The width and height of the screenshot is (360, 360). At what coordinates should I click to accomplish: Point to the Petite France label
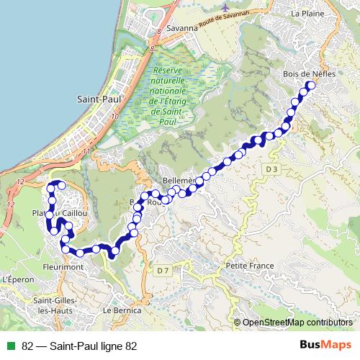[x=250, y=266]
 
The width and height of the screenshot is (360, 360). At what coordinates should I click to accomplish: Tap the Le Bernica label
[x=119, y=310]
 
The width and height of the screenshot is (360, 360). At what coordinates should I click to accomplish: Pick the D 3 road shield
[x=271, y=168]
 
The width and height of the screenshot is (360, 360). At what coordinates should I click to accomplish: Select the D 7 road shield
[x=162, y=270]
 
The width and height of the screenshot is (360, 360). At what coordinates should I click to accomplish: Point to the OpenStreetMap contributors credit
[x=297, y=323]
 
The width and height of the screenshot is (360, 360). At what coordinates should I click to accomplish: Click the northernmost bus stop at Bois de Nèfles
[x=311, y=86]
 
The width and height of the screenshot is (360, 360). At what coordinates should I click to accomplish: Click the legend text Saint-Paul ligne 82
[x=79, y=346]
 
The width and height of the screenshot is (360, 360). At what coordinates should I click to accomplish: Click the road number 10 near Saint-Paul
[x=115, y=115]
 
